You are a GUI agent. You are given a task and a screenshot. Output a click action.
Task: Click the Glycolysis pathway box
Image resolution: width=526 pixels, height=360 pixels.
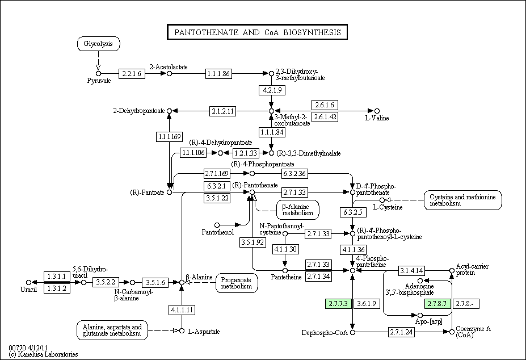(x=98, y=44)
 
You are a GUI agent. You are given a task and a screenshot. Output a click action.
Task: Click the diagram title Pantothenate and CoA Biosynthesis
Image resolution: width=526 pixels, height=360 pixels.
(x=257, y=32)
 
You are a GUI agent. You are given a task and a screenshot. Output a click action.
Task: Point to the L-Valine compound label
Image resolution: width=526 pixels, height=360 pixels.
(x=376, y=118)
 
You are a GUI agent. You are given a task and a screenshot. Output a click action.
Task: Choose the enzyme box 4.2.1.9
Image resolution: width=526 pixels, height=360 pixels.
(x=271, y=90)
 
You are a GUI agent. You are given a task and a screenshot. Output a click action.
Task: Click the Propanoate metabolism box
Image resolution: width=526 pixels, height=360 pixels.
(x=237, y=283)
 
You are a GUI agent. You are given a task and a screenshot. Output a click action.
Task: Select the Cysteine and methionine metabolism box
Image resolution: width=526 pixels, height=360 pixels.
(x=463, y=200)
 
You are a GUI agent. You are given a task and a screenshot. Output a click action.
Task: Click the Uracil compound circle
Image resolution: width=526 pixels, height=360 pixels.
(x=28, y=282)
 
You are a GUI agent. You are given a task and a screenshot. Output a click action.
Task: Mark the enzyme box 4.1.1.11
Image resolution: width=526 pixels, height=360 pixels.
(x=182, y=309)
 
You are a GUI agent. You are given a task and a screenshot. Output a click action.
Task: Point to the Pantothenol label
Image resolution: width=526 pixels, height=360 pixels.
(x=217, y=232)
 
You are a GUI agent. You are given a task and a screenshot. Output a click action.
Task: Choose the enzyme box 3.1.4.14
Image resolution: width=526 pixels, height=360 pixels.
(x=411, y=270)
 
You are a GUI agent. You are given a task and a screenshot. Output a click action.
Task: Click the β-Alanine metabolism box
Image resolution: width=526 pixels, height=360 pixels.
(x=297, y=210)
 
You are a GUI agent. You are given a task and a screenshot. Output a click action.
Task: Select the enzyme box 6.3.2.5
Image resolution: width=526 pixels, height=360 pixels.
(x=353, y=212)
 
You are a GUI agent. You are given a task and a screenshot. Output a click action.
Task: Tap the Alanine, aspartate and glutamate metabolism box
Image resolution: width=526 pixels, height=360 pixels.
(x=112, y=330)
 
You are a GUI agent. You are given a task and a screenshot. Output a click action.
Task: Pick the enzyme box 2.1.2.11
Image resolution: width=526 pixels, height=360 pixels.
(x=223, y=111)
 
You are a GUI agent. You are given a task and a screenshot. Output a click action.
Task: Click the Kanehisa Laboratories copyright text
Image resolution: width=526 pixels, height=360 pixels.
(x=43, y=354)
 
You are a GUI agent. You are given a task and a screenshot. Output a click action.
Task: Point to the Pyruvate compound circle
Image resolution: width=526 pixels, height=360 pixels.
(x=98, y=73)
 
